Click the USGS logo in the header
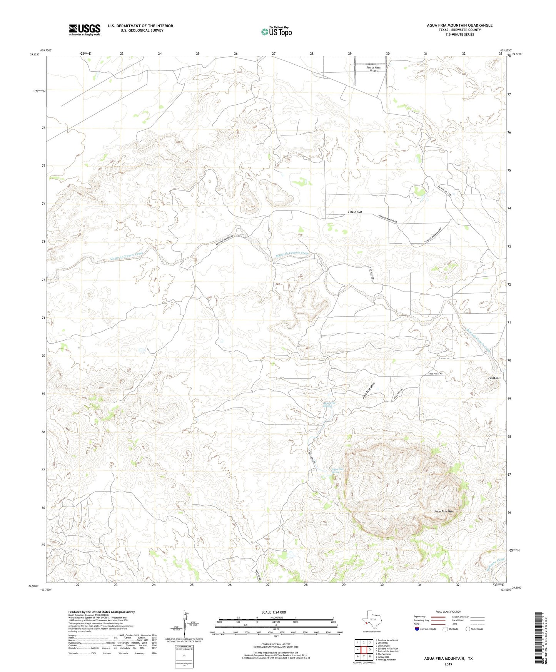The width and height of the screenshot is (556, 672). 85,30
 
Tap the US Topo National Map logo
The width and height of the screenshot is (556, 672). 276,32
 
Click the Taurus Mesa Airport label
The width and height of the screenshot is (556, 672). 373,69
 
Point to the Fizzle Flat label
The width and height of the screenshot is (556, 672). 355,212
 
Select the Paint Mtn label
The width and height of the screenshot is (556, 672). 486,378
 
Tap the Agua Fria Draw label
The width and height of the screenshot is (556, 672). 369,391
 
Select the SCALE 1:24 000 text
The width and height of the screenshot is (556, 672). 273,612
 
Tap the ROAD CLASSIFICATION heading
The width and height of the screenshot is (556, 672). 449,612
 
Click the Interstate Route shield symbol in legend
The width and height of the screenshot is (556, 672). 417,629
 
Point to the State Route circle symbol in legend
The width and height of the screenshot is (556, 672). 468,629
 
